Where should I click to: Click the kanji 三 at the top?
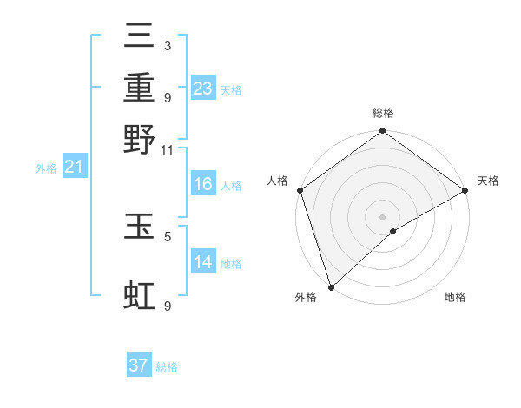tap(139, 36)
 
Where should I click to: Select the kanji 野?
tap(139, 139)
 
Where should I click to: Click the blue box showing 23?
tap(203, 89)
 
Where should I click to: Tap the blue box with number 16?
tap(203, 185)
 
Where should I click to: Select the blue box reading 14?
tap(203, 263)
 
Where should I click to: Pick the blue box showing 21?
tap(73, 168)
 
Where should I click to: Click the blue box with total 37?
tap(139, 365)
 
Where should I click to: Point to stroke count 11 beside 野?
tap(168, 149)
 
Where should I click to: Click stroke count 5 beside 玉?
tap(168, 234)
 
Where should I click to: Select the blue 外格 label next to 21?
tap(45, 168)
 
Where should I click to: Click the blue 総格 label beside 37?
tap(167, 367)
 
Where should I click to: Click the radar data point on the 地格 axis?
tap(394, 231)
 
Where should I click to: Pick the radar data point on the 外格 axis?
tap(330, 286)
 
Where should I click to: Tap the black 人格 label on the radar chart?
tap(278, 181)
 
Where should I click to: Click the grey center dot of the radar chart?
tap(382, 216)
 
